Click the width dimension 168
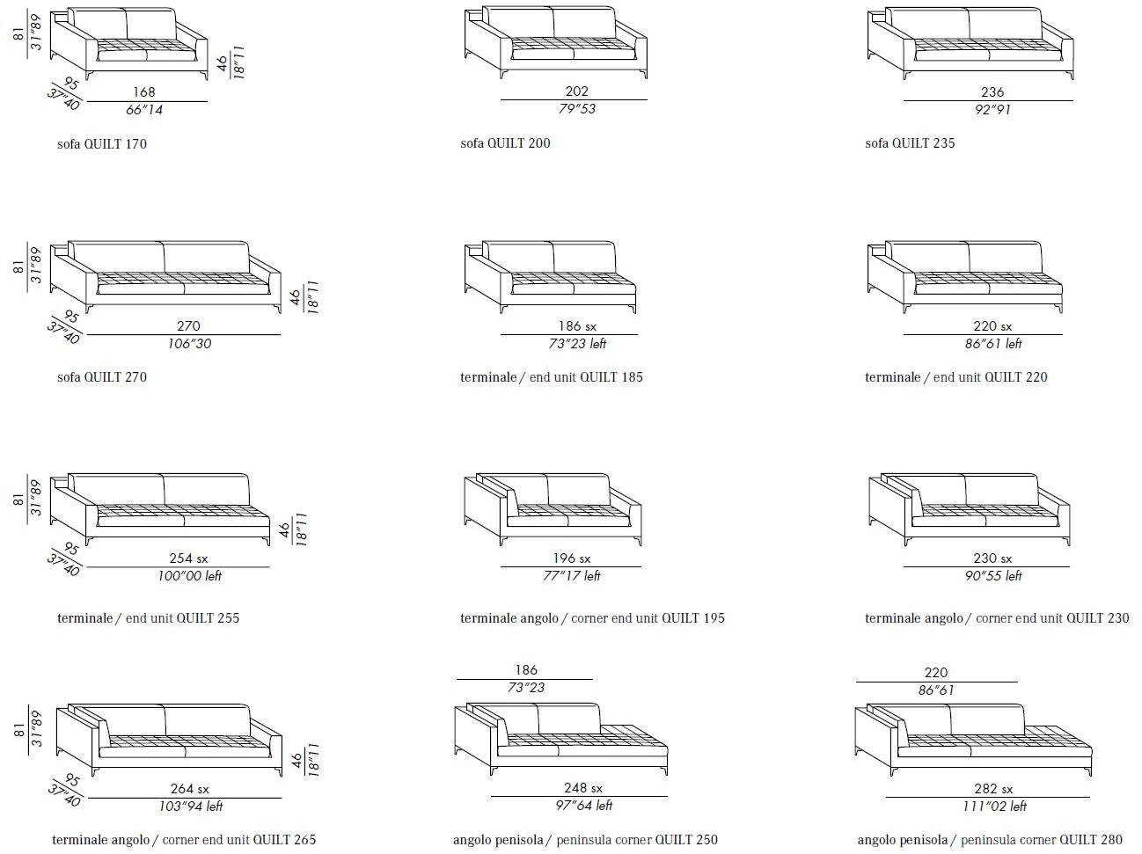click(x=144, y=92)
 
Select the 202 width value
click(x=576, y=91)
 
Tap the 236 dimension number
click(x=992, y=92)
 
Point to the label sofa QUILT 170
click(x=102, y=144)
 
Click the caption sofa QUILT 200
click(x=505, y=143)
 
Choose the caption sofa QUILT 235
click(x=910, y=143)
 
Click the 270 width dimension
click(x=188, y=326)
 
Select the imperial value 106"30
click(x=189, y=344)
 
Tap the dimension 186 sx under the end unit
click(x=577, y=326)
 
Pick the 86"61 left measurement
click(x=993, y=344)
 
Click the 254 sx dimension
click(x=188, y=558)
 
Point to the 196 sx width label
click(x=571, y=558)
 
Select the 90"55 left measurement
click(x=993, y=576)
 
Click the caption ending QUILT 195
click(x=592, y=618)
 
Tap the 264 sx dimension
click(x=189, y=789)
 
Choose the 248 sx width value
click(x=582, y=788)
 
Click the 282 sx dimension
click(x=993, y=789)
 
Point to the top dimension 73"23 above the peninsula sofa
click(x=525, y=688)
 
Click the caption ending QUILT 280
click(x=990, y=839)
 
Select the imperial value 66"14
click(x=144, y=110)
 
